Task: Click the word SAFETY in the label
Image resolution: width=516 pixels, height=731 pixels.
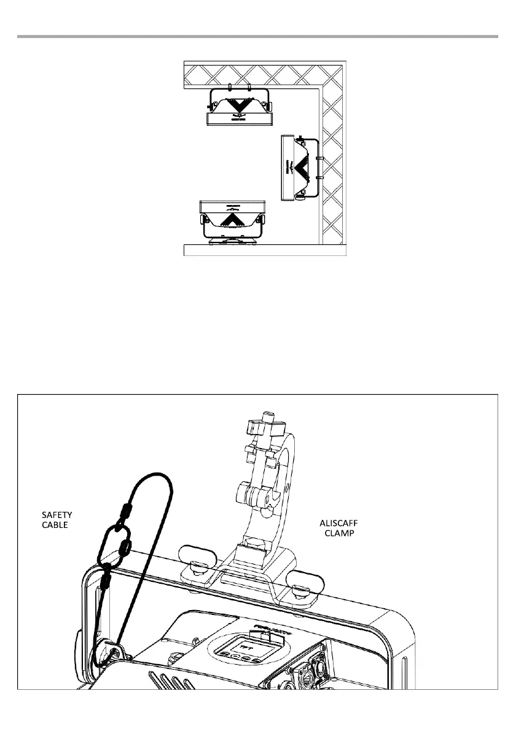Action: point(47,514)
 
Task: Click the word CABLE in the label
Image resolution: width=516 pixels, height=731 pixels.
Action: point(46,525)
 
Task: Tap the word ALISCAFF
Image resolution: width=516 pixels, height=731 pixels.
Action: point(338,522)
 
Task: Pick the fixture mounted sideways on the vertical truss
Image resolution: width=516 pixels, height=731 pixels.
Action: point(300,167)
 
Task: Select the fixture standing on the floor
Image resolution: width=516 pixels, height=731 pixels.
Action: point(232,222)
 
